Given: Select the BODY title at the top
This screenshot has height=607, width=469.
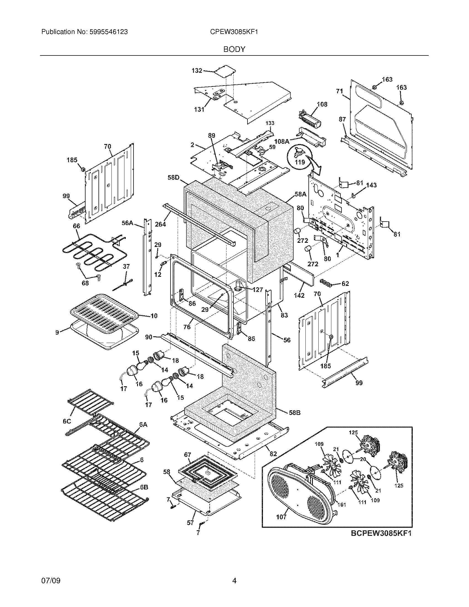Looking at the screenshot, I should tap(234, 49).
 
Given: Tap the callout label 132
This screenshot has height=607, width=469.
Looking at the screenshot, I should tap(197, 71).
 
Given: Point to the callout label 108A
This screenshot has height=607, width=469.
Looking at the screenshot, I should tap(281, 142).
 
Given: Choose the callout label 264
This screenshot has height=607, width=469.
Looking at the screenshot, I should tap(160, 224).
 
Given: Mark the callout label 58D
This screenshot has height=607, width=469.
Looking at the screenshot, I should tap(173, 177).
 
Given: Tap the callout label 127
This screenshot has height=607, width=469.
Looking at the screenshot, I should tap(258, 290).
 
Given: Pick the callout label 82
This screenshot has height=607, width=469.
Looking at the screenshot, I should tap(273, 454).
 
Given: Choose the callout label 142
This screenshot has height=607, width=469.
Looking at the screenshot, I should tap(299, 296).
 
